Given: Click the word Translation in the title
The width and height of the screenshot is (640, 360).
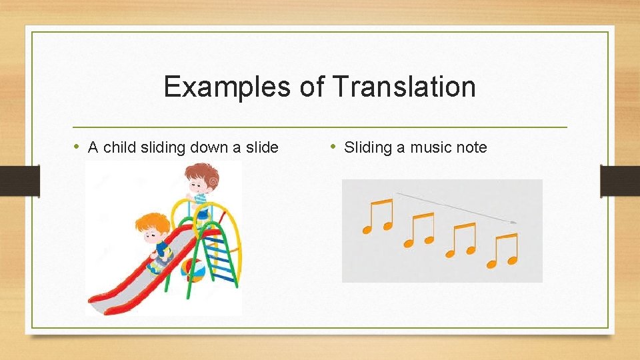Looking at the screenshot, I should click(x=403, y=87).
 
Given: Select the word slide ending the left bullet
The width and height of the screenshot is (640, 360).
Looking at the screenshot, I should click(x=262, y=148).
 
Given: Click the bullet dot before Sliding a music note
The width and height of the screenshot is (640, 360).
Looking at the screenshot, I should click(x=334, y=147).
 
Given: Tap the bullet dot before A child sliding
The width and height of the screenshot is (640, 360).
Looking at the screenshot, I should click(x=78, y=147).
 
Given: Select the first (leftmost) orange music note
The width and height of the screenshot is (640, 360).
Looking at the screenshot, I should click(x=377, y=216).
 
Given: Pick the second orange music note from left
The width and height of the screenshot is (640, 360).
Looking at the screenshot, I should click(x=419, y=230).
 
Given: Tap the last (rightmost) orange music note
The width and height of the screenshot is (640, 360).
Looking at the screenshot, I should click(x=503, y=250).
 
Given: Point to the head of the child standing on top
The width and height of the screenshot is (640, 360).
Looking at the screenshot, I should click(x=201, y=178).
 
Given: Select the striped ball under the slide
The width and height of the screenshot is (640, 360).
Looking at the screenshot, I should click(x=193, y=270).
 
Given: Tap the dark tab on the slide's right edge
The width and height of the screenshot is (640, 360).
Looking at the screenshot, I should click(x=619, y=181).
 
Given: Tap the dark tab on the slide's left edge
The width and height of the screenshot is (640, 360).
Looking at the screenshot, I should click(x=19, y=181).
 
